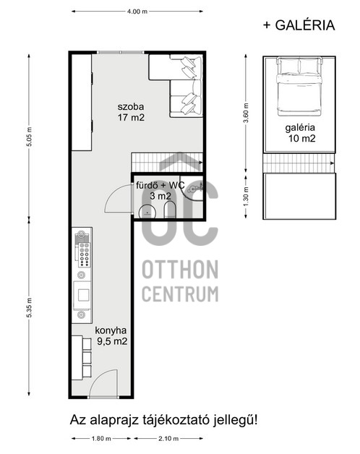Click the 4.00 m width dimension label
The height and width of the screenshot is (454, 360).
tap(137, 12)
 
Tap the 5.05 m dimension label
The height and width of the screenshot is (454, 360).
tap(29, 137)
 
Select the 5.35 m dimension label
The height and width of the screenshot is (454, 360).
tap(29, 307)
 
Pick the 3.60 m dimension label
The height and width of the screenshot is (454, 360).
tap(246, 113)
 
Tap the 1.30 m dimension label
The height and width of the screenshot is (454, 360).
tap(246, 196)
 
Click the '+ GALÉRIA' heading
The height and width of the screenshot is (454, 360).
tap(299, 25)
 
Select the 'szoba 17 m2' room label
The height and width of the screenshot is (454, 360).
tap(131, 112)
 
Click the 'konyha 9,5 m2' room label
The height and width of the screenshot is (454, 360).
tap(111, 336)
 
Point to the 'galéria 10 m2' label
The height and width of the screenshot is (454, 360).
tap(301, 133)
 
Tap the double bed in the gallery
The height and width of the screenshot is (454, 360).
tap(299, 86)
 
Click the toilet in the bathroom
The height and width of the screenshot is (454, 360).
tap(169, 210)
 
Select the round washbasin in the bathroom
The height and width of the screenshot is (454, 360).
tap(147, 212)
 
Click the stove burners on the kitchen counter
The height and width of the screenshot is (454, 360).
tap(85, 254)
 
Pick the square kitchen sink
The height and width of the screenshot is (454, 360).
tap(83, 296)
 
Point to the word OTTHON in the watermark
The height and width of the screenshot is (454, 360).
tap(180, 270)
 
